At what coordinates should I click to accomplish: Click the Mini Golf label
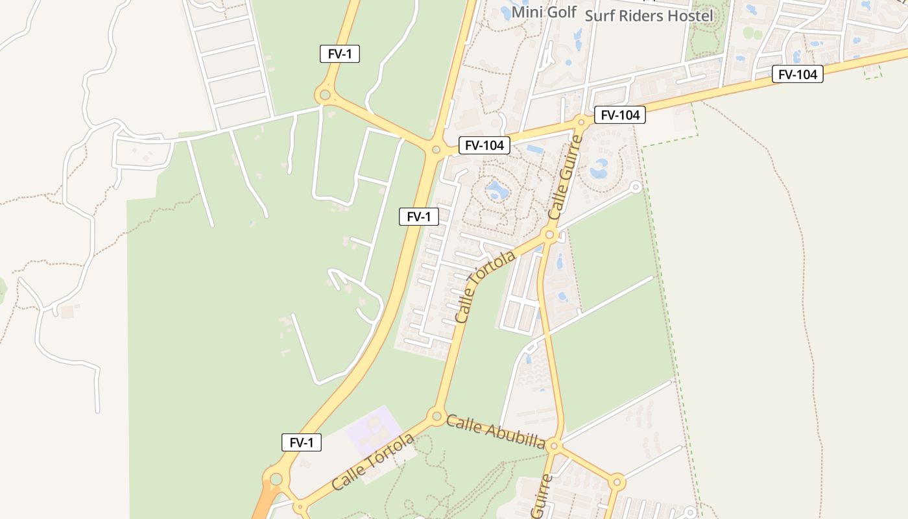pyautogui.click(x=544, y=12)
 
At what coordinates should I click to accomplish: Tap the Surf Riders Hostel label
pyautogui.click(x=649, y=16)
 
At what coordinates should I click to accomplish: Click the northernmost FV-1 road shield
pyautogui.click(x=340, y=54)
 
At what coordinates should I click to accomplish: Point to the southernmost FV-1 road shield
pyautogui.click(x=302, y=443)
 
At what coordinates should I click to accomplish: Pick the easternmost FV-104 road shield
pyautogui.click(x=797, y=75)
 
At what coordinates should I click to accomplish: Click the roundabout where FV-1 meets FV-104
pyautogui.click(x=436, y=150)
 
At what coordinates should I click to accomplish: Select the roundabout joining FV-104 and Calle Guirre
pyautogui.click(x=581, y=121)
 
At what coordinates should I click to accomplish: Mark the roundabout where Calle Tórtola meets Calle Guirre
pyautogui.click(x=550, y=235)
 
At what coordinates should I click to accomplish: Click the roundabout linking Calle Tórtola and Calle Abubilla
pyautogui.click(x=436, y=416)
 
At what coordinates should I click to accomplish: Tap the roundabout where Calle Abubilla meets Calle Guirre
pyautogui.click(x=553, y=446)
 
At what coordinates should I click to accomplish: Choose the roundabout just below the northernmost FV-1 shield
pyautogui.click(x=324, y=95)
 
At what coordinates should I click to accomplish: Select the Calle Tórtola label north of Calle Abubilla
pyautogui.click(x=484, y=286)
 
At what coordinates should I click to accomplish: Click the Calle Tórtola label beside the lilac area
pyautogui.click(x=372, y=462)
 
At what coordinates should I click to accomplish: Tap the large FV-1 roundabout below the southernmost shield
pyautogui.click(x=276, y=479)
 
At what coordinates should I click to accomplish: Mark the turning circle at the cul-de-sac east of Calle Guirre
pyautogui.click(x=636, y=187)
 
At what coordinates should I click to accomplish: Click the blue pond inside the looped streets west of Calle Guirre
pyautogui.click(x=497, y=190)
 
